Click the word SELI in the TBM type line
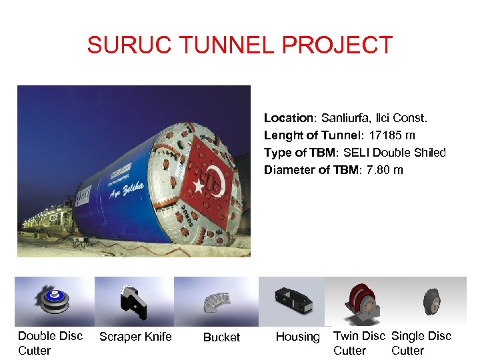[x=358, y=153]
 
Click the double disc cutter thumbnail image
[x=54, y=301]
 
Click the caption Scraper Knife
[x=135, y=337]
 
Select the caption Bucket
[x=221, y=337]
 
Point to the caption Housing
[x=297, y=337]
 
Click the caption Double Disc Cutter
[x=50, y=343]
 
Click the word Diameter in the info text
[x=289, y=170]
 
